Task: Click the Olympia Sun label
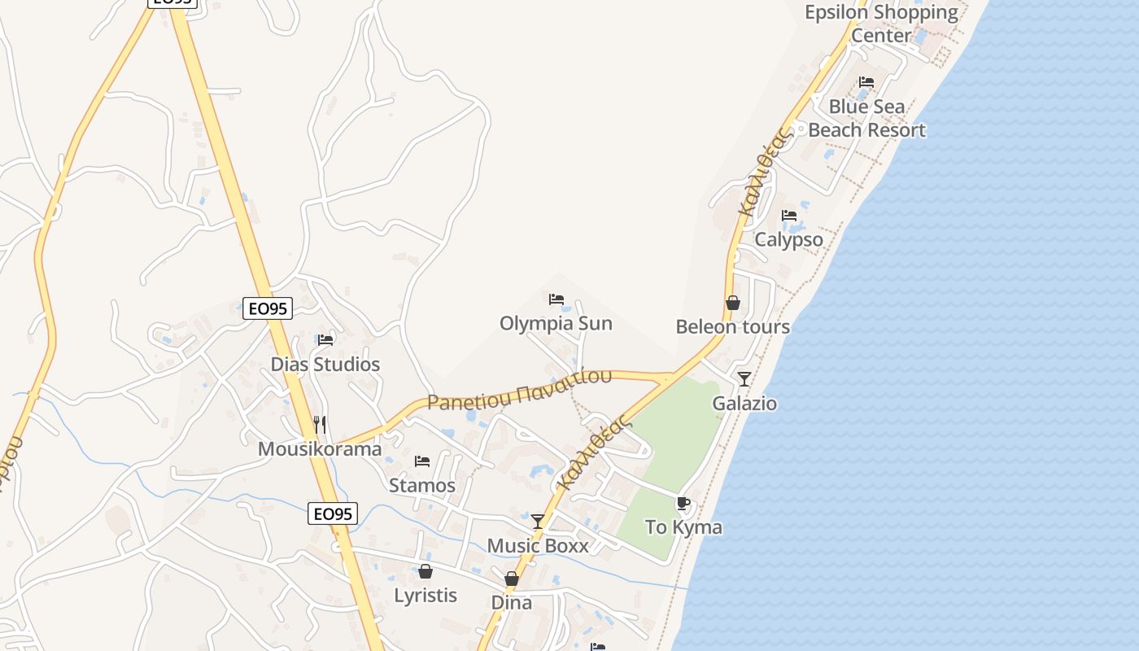pyautogui.click(x=556, y=323)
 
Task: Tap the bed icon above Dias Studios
pyautogui.click(x=325, y=339)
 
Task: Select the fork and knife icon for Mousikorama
pyautogui.click(x=320, y=424)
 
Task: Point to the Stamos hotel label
pyautogui.click(x=422, y=485)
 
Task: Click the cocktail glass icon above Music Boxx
pyautogui.click(x=538, y=521)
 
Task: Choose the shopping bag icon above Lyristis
pyautogui.click(x=425, y=571)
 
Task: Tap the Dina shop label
pyautogui.click(x=512, y=602)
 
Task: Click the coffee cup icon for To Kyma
pyautogui.click(x=683, y=504)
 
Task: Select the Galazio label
pyautogui.click(x=744, y=403)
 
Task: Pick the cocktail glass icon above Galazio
pyautogui.click(x=744, y=378)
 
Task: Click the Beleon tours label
pyautogui.click(x=732, y=326)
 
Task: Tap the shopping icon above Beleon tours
pyautogui.click(x=733, y=303)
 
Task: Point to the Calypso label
pyautogui.click(x=788, y=240)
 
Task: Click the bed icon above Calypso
pyautogui.click(x=789, y=216)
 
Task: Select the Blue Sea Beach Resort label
pyautogui.click(x=866, y=118)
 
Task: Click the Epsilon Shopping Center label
pyautogui.click(x=881, y=24)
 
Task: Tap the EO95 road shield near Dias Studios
pyautogui.click(x=268, y=308)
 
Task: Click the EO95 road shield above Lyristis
pyautogui.click(x=334, y=513)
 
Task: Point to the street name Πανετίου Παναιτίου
pyautogui.click(x=519, y=389)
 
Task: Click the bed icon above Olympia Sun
pyautogui.click(x=556, y=299)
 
